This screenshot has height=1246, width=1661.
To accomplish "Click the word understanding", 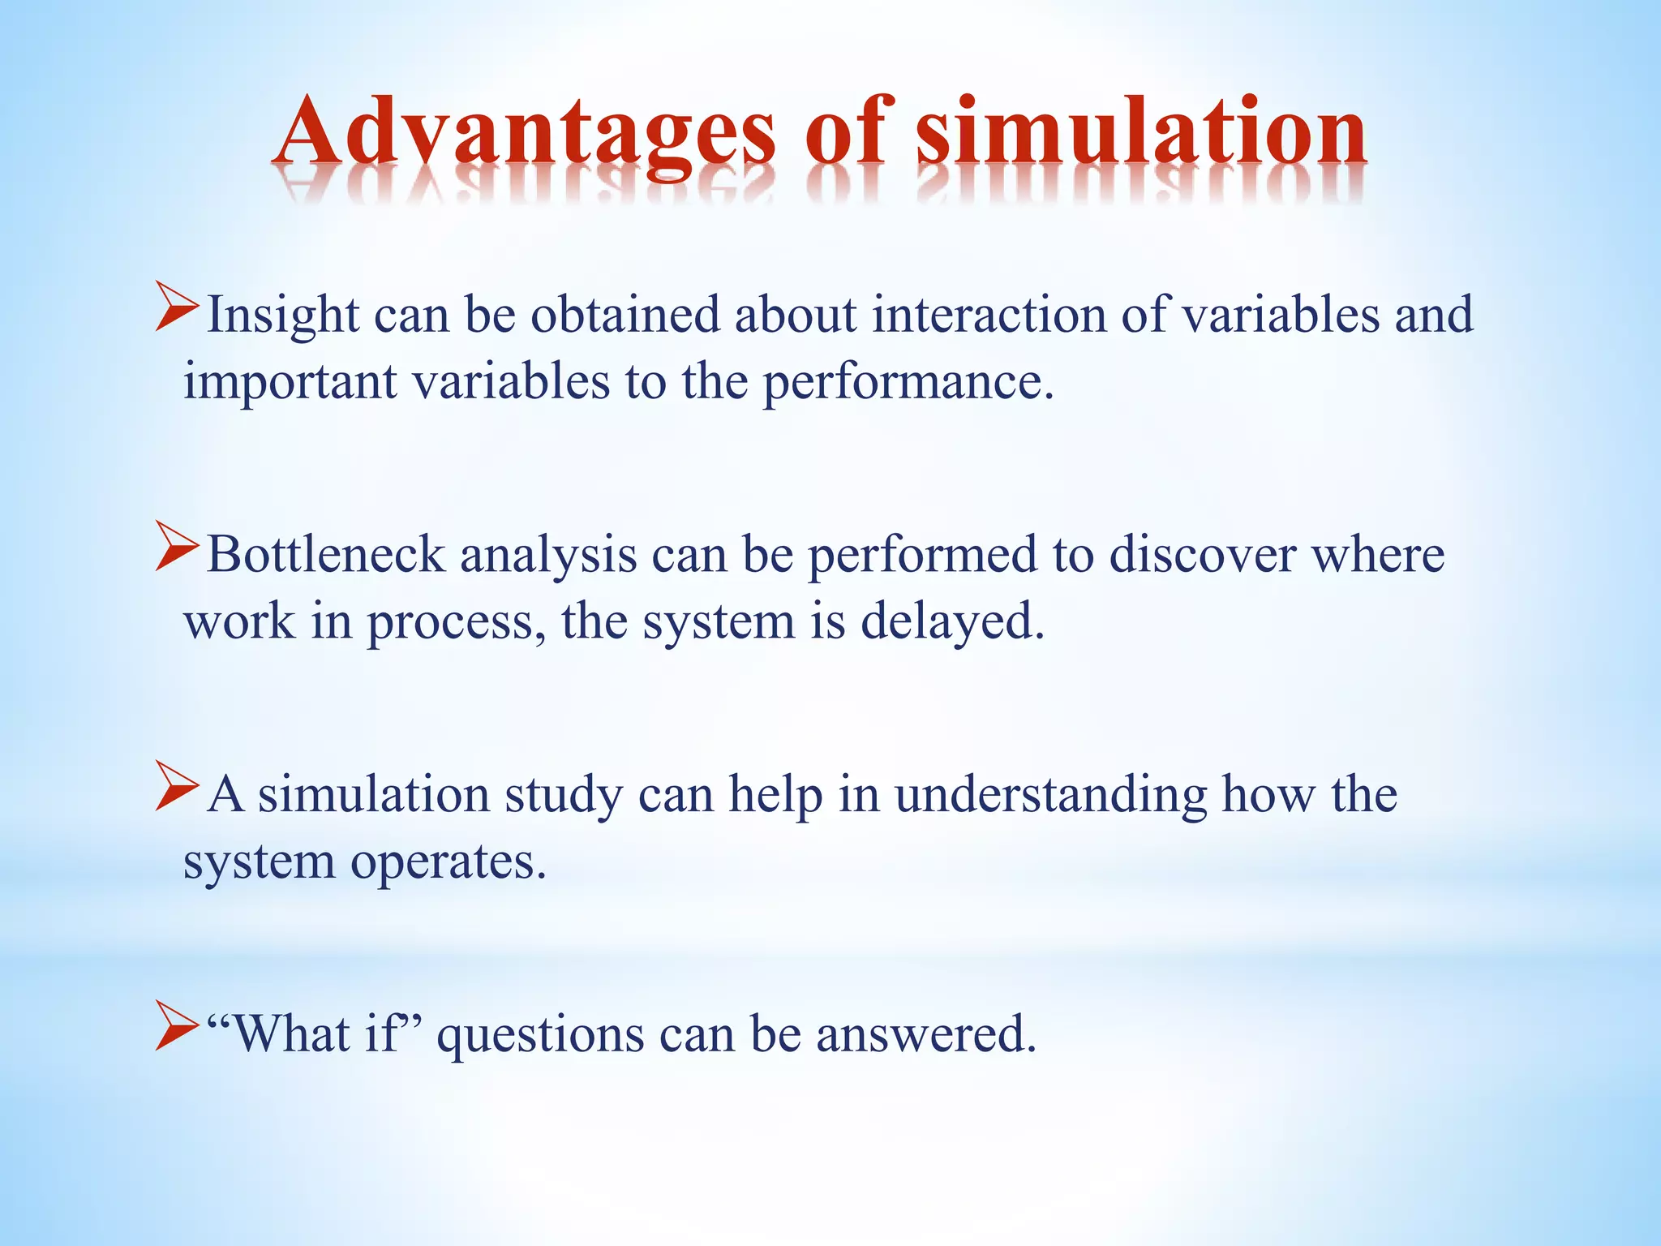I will [1050, 796].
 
